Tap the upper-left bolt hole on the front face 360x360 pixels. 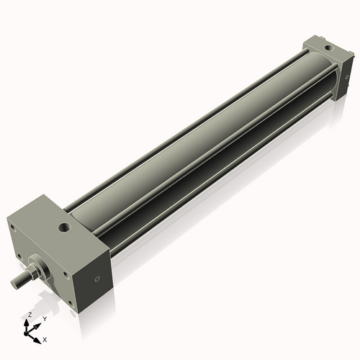click(x=12, y=228)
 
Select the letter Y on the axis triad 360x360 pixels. click(x=44, y=318)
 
